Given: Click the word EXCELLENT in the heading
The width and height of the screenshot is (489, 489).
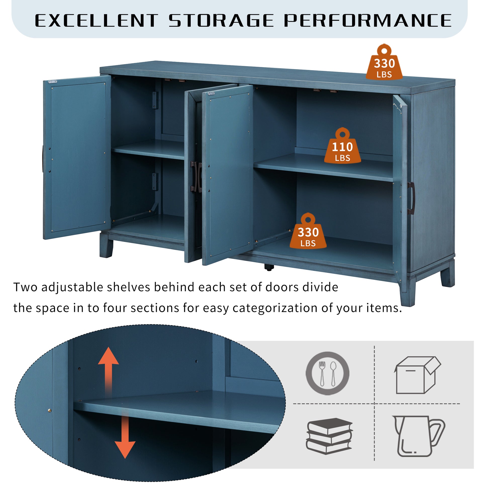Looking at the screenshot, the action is [96, 20].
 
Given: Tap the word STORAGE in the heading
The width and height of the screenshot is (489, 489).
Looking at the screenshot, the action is [221, 20].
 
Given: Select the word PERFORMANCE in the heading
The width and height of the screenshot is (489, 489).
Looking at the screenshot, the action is [368, 20].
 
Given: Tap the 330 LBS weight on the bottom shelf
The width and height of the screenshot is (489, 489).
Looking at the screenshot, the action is [308, 231].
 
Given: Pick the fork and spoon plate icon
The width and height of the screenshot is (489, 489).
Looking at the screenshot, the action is [327, 373].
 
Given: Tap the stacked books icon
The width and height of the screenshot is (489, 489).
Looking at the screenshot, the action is [329, 436].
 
